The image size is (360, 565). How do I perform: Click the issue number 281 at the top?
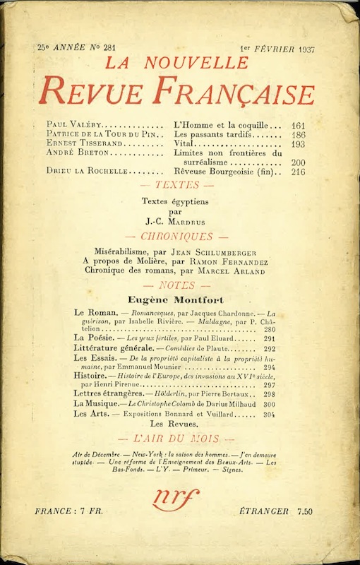[108, 47]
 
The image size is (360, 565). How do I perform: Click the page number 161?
[298, 124]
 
